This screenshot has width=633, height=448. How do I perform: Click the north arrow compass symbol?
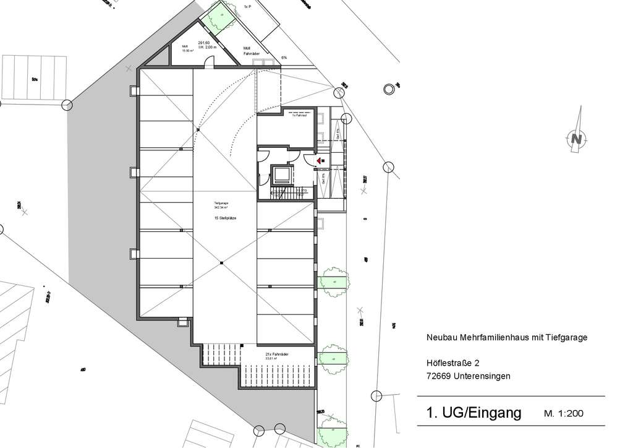pos(576,138)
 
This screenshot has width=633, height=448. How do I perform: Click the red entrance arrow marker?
pos(319,161)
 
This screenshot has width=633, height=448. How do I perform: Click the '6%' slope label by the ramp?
pos(284,58)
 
